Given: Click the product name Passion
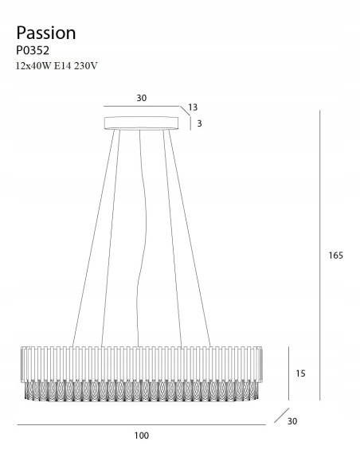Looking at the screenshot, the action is click(46, 33).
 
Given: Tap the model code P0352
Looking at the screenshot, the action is click(33, 51).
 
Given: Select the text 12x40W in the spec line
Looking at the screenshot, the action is click(33, 66).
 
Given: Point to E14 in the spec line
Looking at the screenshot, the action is click(63, 66).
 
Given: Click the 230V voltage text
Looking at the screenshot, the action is click(86, 66).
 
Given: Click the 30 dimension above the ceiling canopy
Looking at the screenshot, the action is click(142, 98).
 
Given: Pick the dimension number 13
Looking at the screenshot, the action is click(193, 107).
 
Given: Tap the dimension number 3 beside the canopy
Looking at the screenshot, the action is click(199, 123).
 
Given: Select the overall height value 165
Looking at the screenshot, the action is click(335, 256).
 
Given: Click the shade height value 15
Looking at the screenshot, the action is click(300, 373).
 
